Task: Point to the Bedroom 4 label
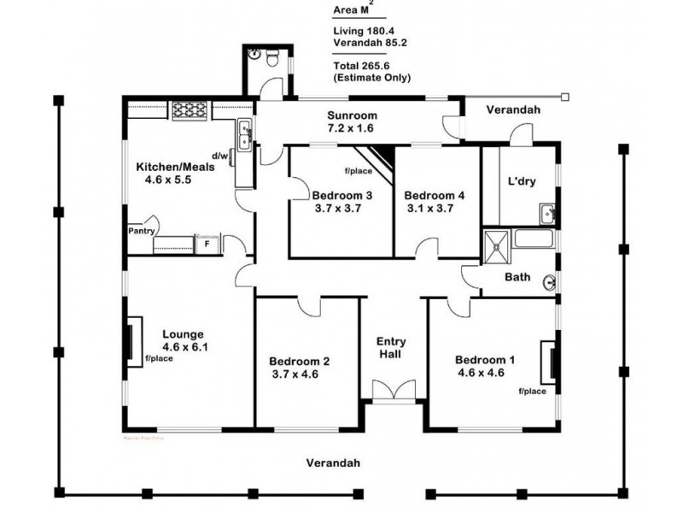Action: coord(434,195)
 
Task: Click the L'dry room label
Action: coord(522,183)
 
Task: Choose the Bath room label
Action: coord(517,277)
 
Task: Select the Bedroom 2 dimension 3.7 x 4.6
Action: coord(300,374)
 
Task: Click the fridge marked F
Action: coord(206,244)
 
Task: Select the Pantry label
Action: coord(140,231)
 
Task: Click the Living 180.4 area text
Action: coord(359,32)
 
